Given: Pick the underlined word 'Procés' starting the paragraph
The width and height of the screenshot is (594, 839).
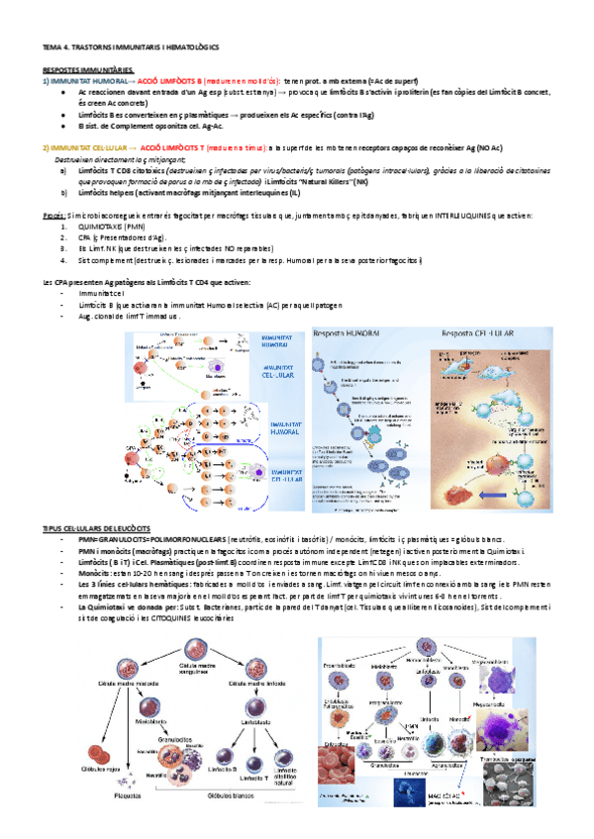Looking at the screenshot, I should click(x=54, y=214).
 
